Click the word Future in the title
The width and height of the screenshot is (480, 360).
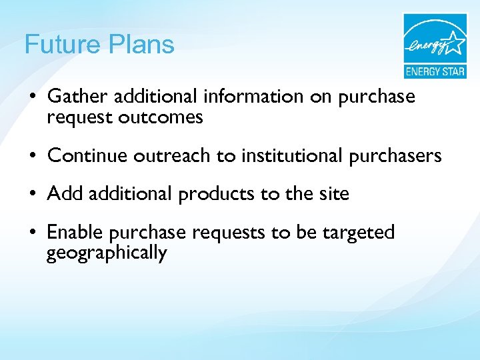(x=61, y=45)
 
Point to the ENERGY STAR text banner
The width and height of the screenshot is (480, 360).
(x=435, y=71)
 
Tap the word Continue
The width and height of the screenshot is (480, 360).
(x=87, y=156)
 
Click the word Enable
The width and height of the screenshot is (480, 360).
(x=74, y=232)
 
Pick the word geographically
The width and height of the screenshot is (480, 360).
(x=107, y=253)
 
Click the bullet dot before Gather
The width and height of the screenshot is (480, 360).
(x=32, y=97)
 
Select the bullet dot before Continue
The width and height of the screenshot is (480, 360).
(x=32, y=157)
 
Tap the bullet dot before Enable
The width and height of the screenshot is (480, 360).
(x=32, y=233)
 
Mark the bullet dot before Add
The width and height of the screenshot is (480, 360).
(x=32, y=195)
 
